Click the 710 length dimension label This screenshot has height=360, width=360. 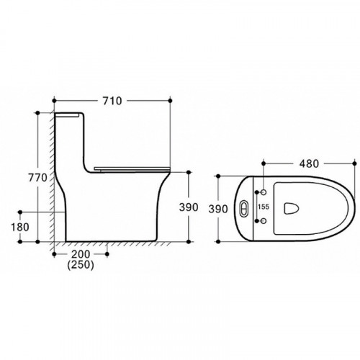click(x=112, y=101)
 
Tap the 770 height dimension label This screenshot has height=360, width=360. click(x=37, y=178)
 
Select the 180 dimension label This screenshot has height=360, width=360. click(x=20, y=227)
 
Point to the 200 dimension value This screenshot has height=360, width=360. click(x=81, y=254)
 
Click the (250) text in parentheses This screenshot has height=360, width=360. click(x=81, y=264)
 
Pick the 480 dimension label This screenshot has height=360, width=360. click(x=309, y=163)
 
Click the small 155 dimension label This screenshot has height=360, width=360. click(x=264, y=207)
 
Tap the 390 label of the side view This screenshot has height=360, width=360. click(x=189, y=207)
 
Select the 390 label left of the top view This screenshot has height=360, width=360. click(x=218, y=209)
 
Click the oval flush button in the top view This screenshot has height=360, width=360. click(x=244, y=207)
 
